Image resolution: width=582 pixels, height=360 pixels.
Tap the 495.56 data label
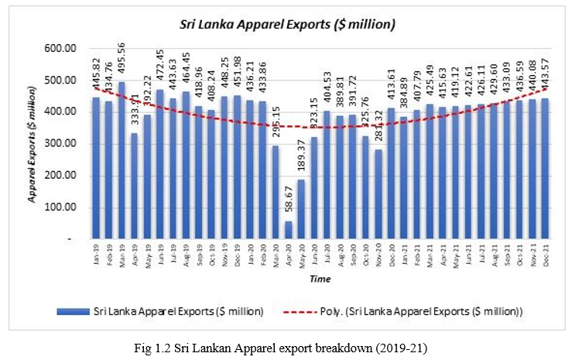click(121, 62)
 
